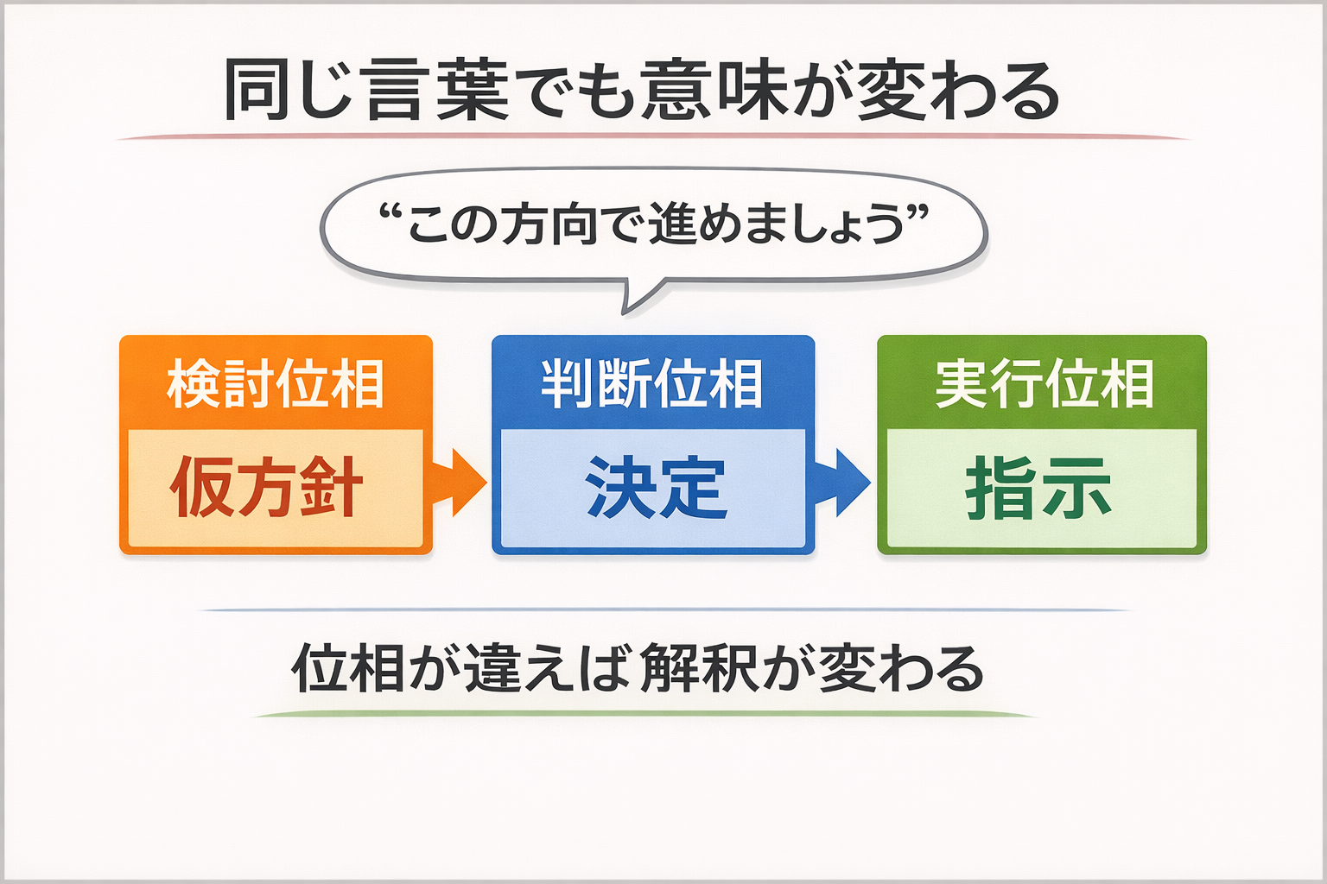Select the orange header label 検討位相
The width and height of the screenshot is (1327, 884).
276,384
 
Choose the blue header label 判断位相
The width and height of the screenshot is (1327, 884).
652,384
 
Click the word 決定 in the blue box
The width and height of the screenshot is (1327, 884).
655,489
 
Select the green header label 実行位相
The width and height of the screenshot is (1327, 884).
1044,384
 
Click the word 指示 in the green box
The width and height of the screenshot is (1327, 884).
1038,489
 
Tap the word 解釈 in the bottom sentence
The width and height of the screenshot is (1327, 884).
701,669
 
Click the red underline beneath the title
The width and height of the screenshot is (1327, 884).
653,136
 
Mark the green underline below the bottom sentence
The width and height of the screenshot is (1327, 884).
644,714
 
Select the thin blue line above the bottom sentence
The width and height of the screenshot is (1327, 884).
663,609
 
